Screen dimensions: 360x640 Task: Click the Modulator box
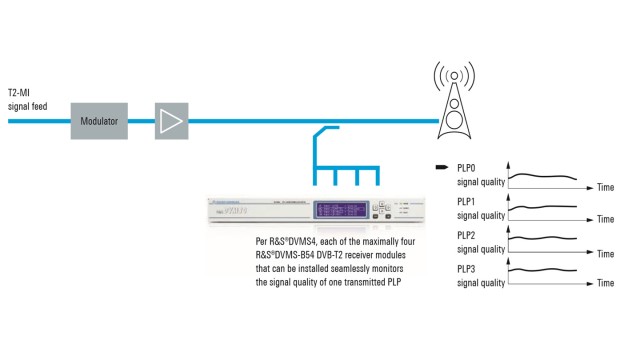[x=99, y=120]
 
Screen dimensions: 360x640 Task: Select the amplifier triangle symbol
[x=170, y=120]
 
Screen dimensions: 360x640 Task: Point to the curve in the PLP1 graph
[x=545, y=205]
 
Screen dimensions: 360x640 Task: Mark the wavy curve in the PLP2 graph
[x=545, y=239]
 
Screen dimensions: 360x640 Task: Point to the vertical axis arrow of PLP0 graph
[x=510, y=167]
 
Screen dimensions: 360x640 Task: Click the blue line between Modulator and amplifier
[x=141, y=120]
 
